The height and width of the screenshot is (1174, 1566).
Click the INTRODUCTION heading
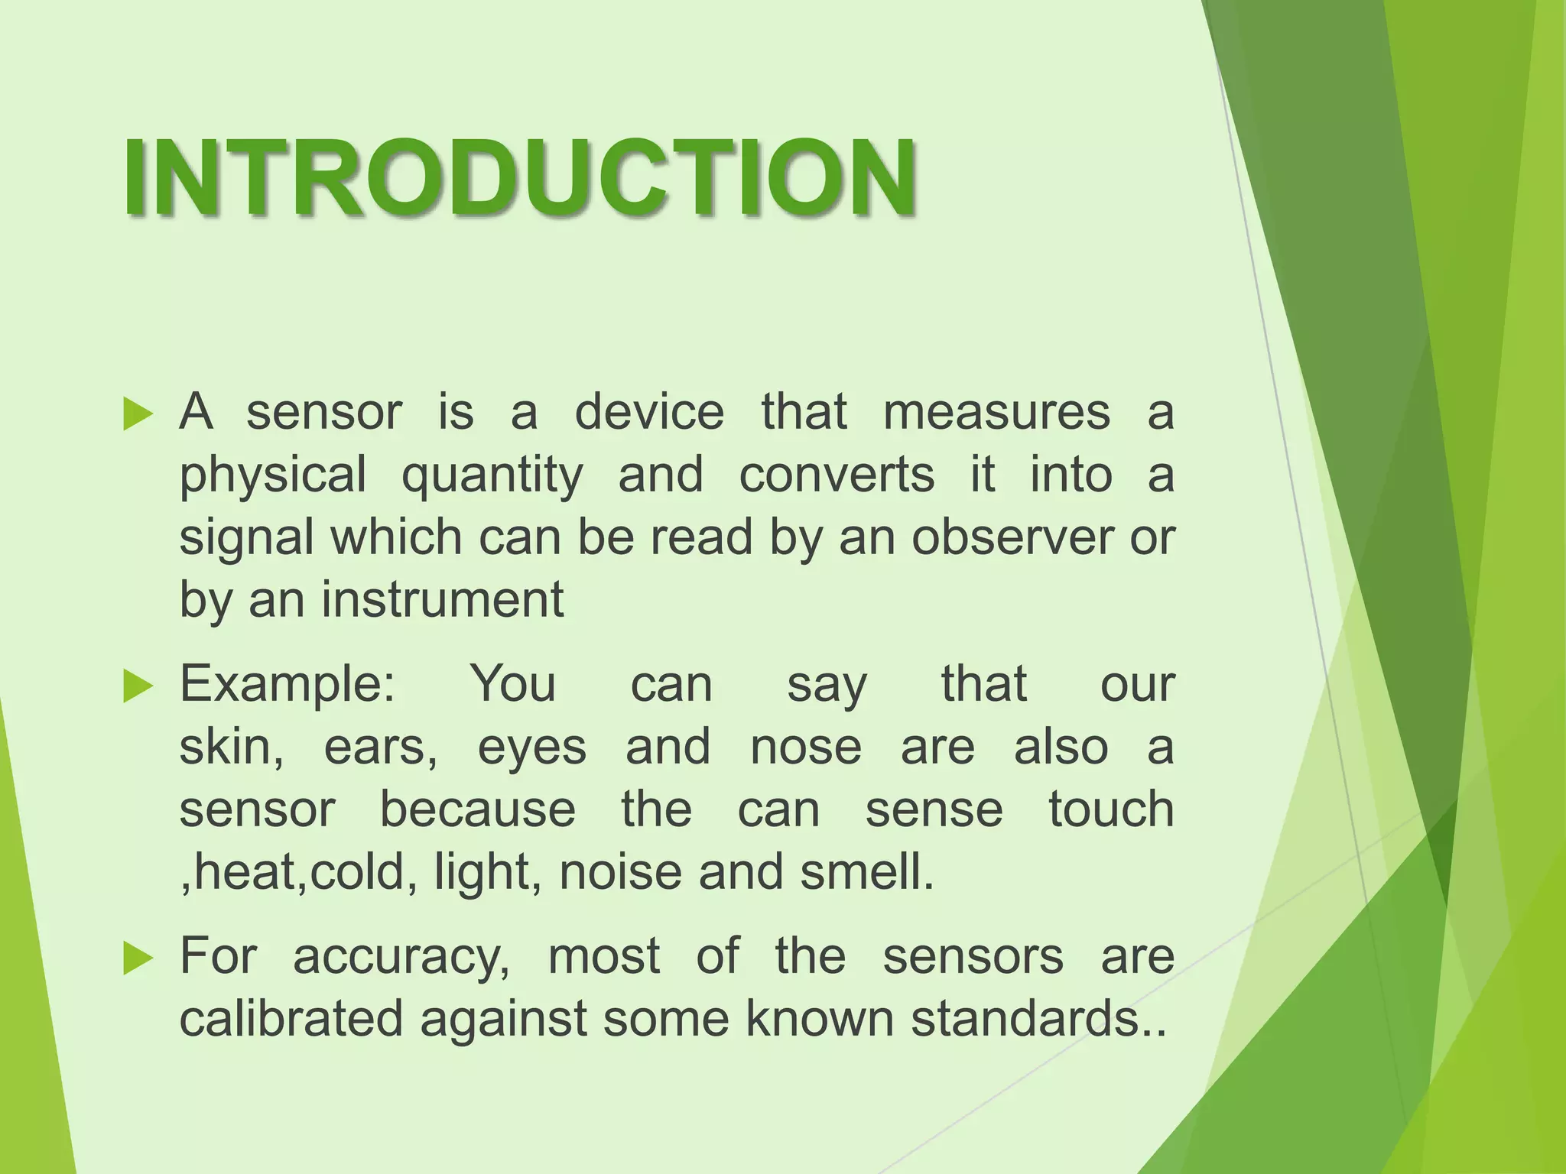[520, 177]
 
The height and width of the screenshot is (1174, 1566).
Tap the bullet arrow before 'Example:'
[138, 686]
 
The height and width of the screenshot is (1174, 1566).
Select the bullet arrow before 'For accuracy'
[138, 958]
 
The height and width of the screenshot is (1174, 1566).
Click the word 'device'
[648, 412]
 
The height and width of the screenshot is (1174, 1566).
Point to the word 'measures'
[996, 412]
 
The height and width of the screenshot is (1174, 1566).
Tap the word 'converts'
[837, 475]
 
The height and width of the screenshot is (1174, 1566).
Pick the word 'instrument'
[442, 600]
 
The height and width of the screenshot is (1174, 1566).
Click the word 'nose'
[805, 748]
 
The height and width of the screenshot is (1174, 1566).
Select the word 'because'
[478, 809]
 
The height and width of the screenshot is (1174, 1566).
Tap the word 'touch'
[1110, 809]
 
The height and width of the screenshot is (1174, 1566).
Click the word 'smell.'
[867, 872]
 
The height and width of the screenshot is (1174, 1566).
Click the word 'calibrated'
[291, 1019]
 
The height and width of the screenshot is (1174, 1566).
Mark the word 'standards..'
[1039, 1019]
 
